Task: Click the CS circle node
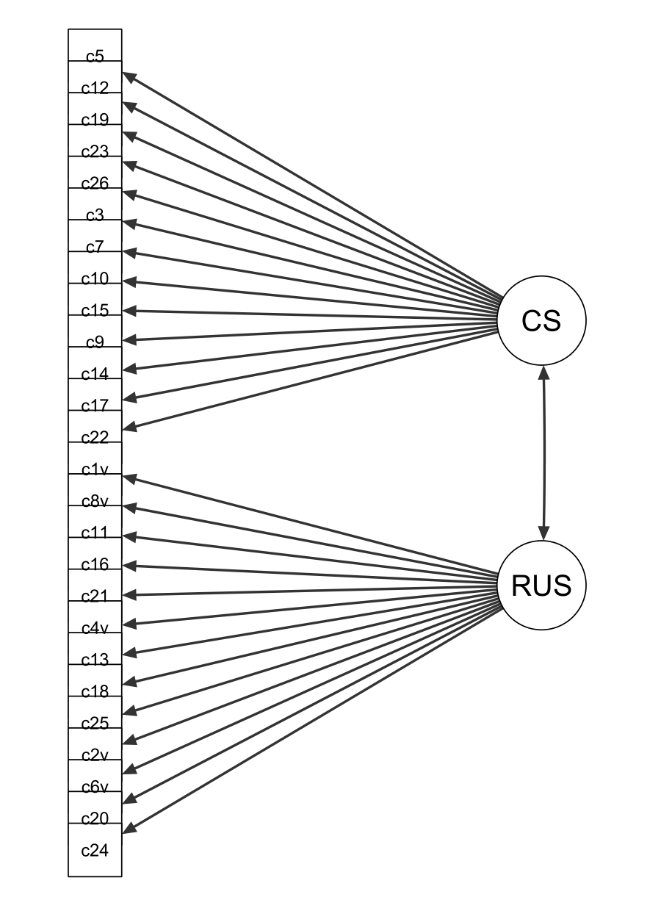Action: pyautogui.click(x=541, y=320)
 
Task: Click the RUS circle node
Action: pyautogui.click(x=541, y=586)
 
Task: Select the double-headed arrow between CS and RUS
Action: pyautogui.click(x=543, y=453)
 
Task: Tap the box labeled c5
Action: pyautogui.click(x=95, y=56)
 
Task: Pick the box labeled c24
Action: pyautogui.click(x=95, y=850)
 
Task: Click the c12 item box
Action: pyautogui.click(x=95, y=88)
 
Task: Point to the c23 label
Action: pyautogui.click(x=95, y=151)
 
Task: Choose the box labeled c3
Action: pyautogui.click(x=95, y=215)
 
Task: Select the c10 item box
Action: pyautogui.click(x=95, y=278)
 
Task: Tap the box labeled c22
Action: pyautogui.click(x=95, y=437)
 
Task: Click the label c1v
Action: pyautogui.click(x=95, y=469)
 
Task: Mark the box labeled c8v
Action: pyautogui.click(x=95, y=501)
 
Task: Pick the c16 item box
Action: pyautogui.click(x=95, y=564)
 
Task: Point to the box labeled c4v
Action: pyautogui.click(x=95, y=627)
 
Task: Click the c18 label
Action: pyautogui.click(x=95, y=691)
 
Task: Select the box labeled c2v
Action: pyautogui.click(x=95, y=755)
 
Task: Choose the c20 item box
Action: pyautogui.click(x=95, y=818)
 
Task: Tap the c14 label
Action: pyautogui.click(x=95, y=374)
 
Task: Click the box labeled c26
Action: pyautogui.click(x=95, y=183)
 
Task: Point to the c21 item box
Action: pyautogui.click(x=95, y=596)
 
